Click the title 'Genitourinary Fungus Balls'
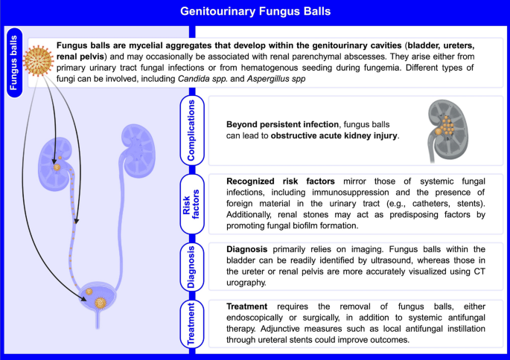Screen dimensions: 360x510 tap(255, 11)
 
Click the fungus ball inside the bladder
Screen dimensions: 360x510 tap(100, 303)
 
